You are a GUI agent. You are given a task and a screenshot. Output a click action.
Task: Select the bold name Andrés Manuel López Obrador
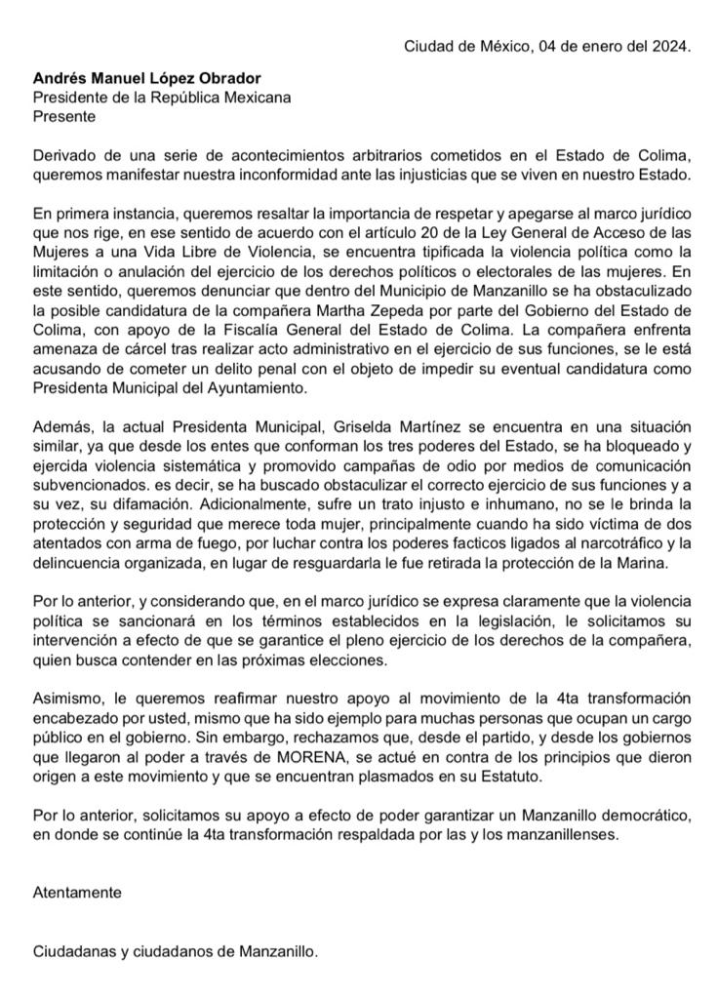(x=146, y=78)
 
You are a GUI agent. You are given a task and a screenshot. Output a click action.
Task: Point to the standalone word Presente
(x=64, y=116)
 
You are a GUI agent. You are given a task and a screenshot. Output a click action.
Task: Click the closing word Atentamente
(x=77, y=893)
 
